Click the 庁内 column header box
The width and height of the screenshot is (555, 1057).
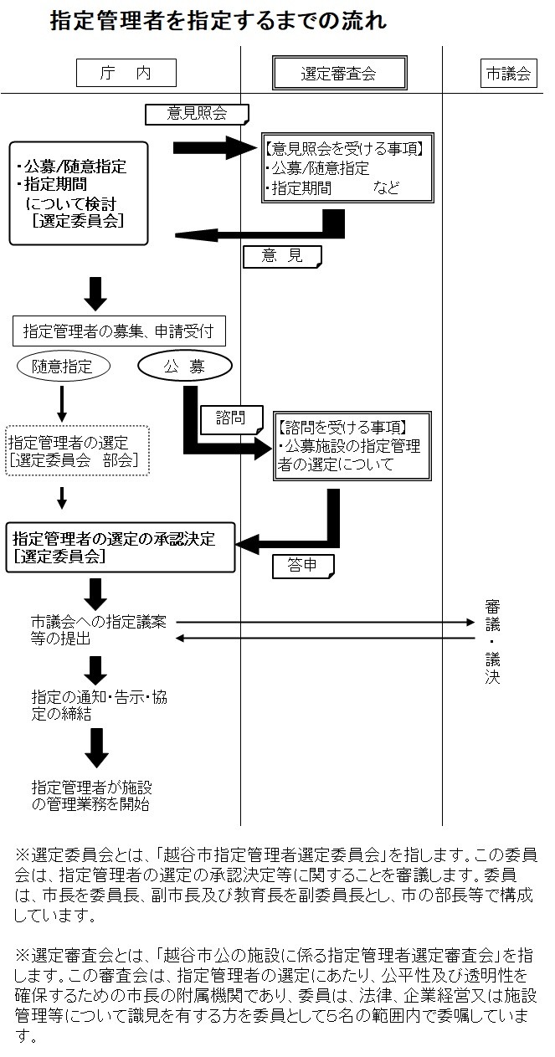pyautogui.click(x=126, y=73)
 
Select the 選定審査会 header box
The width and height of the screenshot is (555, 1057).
pyautogui.click(x=339, y=73)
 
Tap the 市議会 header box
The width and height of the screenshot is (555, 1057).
pyautogui.click(x=508, y=73)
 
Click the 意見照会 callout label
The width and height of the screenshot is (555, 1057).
pyautogui.click(x=197, y=113)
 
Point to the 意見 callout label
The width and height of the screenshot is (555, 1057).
pyautogui.click(x=282, y=256)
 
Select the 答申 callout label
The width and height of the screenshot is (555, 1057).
pyautogui.click(x=302, y=566)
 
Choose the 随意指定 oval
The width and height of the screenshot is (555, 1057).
pyautogui.click(x=64, y=366)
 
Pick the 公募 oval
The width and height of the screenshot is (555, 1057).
pyautogui.click(x=184, y=366)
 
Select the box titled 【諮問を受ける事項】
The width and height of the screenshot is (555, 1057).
pyautogui.click(x=352, y=445)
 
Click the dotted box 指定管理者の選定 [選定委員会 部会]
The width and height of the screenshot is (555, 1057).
pyautogui.click(x=78, y=451)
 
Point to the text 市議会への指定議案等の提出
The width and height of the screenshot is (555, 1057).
pyautogui.click(x=99, y=630)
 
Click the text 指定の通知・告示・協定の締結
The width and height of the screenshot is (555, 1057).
pyautogui.click(x=99, y=706)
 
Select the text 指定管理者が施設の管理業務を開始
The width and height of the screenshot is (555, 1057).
pyautogui.click(x=92, y=795)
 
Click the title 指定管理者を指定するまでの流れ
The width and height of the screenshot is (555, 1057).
pyautogui.click(x=218, y=21)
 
